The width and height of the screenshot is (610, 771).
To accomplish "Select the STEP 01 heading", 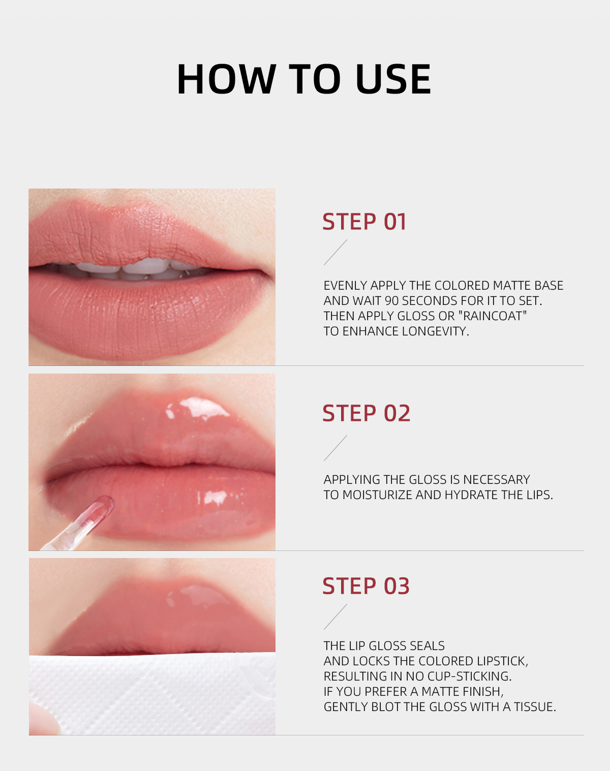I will pyautogui.click(x=364, y=222).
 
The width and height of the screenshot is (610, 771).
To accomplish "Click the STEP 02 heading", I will pyautogui.click(x=366, y=413).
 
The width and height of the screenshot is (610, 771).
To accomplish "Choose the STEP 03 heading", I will pyautogui.click(x=366, y=586).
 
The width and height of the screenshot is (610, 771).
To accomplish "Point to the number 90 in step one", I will pyautogui.click(x=392, y=301).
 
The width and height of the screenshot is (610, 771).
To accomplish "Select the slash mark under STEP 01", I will pyautogui.click(x=335, y=252).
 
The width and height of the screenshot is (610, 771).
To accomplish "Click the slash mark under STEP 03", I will pyautogui.click(x=335, y=616).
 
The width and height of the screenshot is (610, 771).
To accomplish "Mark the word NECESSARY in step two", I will pyautogui.click(x=496, y=480).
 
